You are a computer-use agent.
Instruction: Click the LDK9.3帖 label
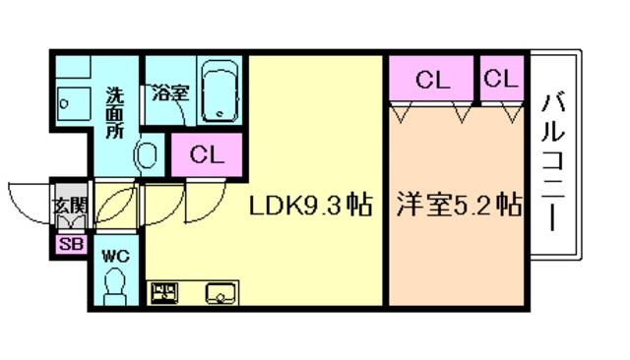click(x=309, y=207)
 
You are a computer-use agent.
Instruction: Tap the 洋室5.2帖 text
click(x=458, y=207)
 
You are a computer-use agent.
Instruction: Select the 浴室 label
click(x=170, y=94)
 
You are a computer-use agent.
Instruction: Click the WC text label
click(x=115, y=256)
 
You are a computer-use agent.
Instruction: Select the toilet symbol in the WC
click(x=115, y=287)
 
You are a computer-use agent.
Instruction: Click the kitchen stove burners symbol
click(x=163, y=293)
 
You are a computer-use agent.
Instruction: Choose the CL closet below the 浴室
click(x=207, y=153)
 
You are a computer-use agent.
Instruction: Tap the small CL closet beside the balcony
click(x=501, y=79)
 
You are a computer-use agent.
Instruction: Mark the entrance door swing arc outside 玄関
click(x=28, y=202)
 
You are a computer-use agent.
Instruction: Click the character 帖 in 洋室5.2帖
click(x=508, y=207)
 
